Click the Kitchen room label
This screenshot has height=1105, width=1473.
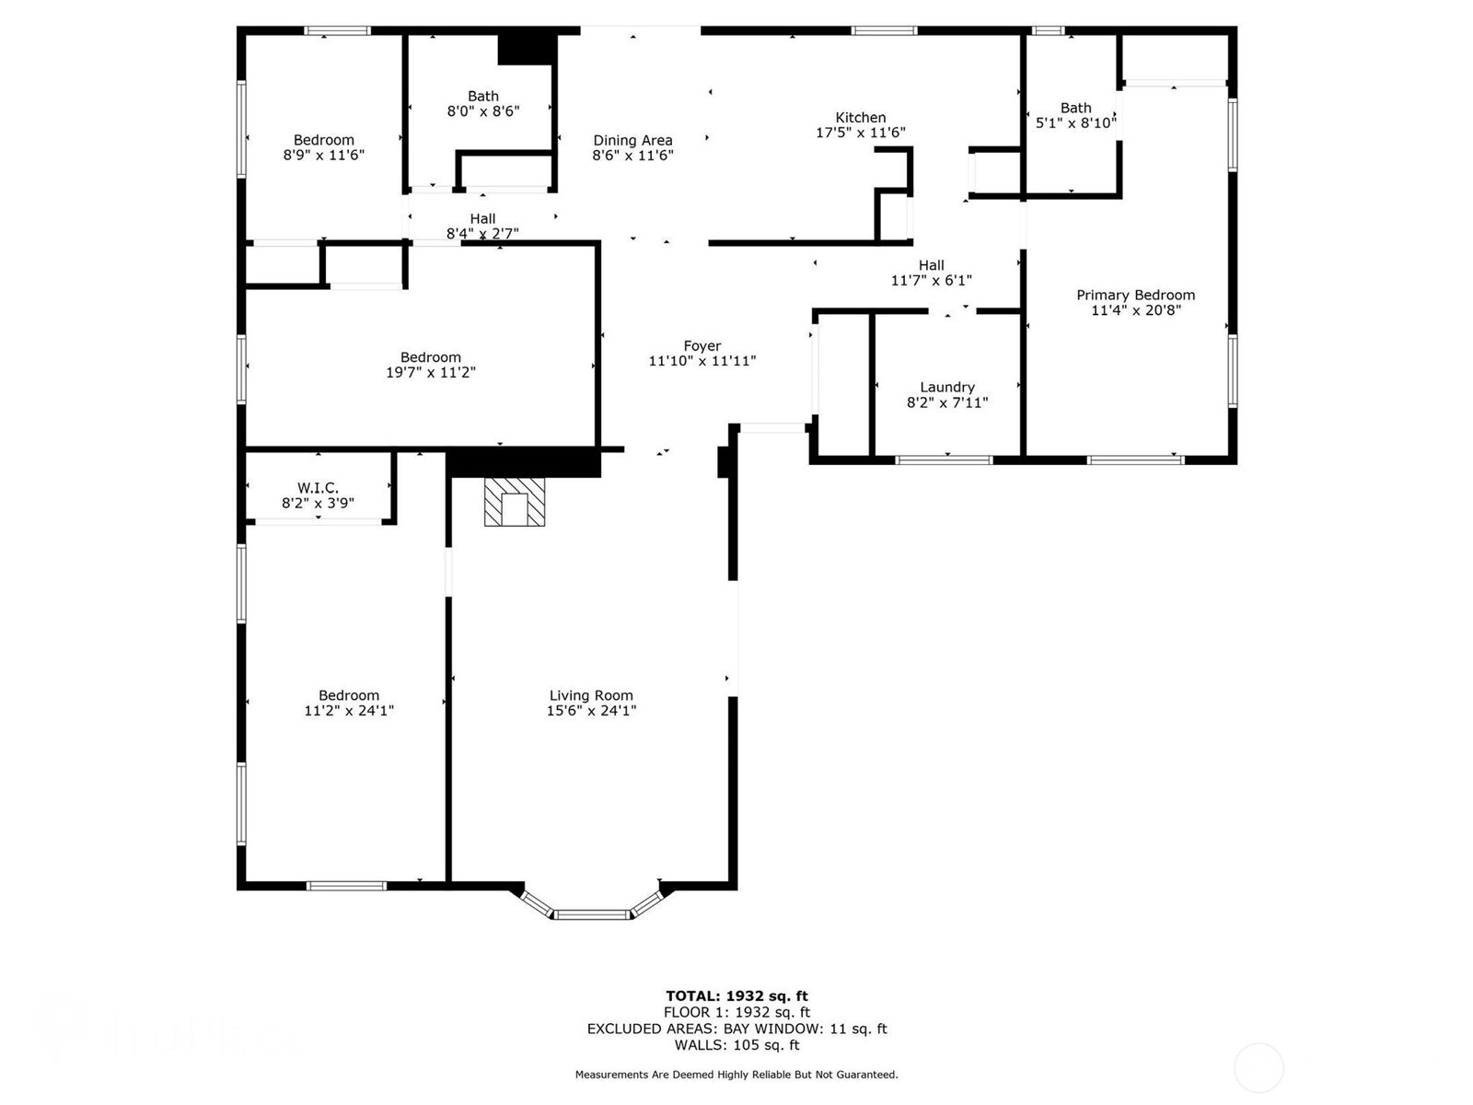click(860, 118)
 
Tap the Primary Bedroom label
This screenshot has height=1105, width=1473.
click(1135, 296)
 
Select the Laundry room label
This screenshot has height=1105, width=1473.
click(946, 388)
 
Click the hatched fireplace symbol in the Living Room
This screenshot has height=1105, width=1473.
click(515, 502)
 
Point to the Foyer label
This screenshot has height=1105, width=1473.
click(702, 346)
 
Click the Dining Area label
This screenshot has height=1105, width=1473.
click(632, 141)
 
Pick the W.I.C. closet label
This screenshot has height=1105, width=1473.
click(318, 488)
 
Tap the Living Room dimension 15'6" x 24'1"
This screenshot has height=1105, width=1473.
click(591, 711)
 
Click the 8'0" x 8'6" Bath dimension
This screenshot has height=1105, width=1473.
click(483, 111)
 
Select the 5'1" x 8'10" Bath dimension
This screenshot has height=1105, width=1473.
click(1075, 123)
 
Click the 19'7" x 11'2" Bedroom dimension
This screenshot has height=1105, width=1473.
click(430, 373)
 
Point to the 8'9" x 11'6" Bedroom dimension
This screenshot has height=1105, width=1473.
click(323, 156)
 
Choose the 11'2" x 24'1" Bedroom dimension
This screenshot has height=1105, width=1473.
click(349, 711)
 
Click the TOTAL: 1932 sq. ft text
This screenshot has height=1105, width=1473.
click(736, 995)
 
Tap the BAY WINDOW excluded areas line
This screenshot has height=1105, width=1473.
click(736, 1029)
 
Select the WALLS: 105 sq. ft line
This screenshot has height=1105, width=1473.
click(736, 1045)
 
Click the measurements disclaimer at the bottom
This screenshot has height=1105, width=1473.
click(736, 1075)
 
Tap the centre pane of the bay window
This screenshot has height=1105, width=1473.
click(591, 914)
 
